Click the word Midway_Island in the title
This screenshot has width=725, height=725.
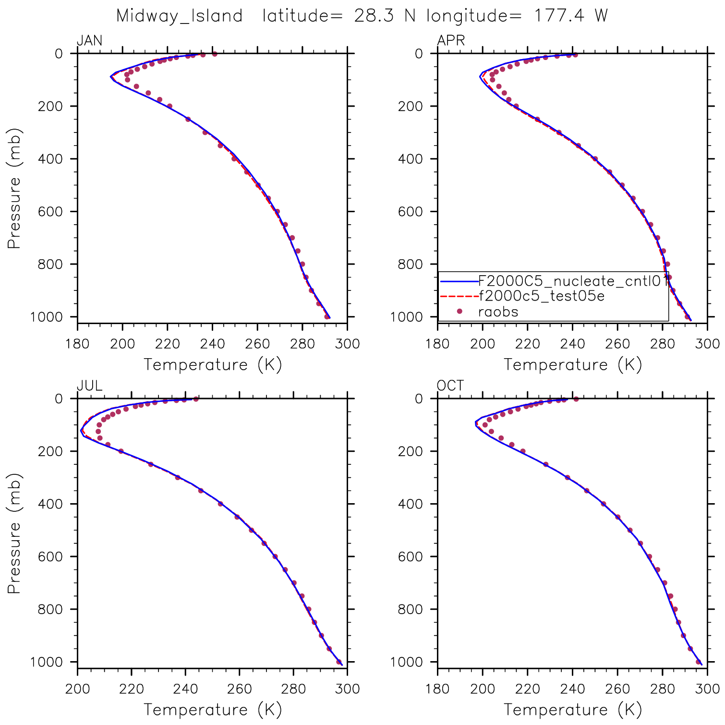coord(179,16)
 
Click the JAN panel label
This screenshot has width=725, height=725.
coord(89,41)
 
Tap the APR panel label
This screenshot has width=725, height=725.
coord(451,41)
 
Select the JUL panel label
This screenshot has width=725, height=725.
coord(89,386)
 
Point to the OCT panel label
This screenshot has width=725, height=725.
coord(450,386)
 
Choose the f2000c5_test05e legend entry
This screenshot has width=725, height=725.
coord(542,296)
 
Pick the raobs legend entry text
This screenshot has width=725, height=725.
coord(498,312)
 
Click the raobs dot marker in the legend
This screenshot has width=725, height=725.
coord(459,312)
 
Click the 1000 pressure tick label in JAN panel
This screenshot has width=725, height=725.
coord(47,317)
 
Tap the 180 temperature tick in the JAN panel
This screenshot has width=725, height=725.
coord(77,344)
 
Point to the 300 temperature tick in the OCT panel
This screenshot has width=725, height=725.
coord(707,689)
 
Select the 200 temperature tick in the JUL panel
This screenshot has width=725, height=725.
coord(77,689)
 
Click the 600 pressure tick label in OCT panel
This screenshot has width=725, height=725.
coord(412,557)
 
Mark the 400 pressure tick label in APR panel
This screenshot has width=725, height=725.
coord(412,159)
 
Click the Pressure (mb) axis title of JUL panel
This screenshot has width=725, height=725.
coord(14,533)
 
